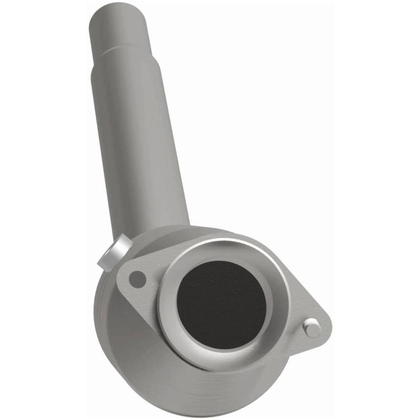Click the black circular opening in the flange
click(220, 304)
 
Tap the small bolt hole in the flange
click(137, 278)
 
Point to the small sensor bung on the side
click(112, 253)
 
